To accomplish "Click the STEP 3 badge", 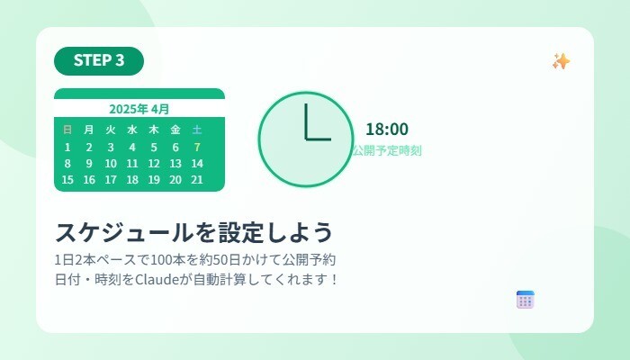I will [x=99, y=60].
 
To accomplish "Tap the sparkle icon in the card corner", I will [x=562, y=61].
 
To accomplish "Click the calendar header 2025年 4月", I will [x=139, y=109].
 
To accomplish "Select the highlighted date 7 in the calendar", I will [x=197, y=147].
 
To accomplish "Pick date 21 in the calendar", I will [x=197, y=179].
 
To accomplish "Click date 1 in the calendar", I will [x=67, y=147].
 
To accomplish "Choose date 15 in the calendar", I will [x=67, y=179].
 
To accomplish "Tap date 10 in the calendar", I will [x=111, y=163].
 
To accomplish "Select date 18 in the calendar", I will [x=132, y=179].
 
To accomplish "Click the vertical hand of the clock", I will [x=306, y=121].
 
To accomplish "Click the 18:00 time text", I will [x=387, y=130].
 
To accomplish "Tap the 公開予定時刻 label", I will [x=387, y=150].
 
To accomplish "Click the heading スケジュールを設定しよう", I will [x=194, y=231].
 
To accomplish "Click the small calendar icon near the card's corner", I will [x=526, y=300].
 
